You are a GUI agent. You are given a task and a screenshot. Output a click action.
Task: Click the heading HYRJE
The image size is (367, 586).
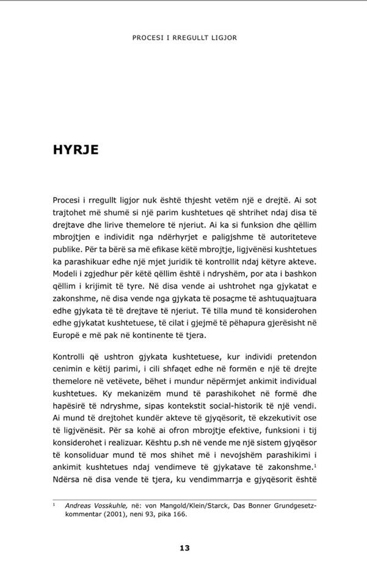tap(76, 150)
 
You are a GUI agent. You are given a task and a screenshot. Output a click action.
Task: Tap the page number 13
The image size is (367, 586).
tap(184, 548)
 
